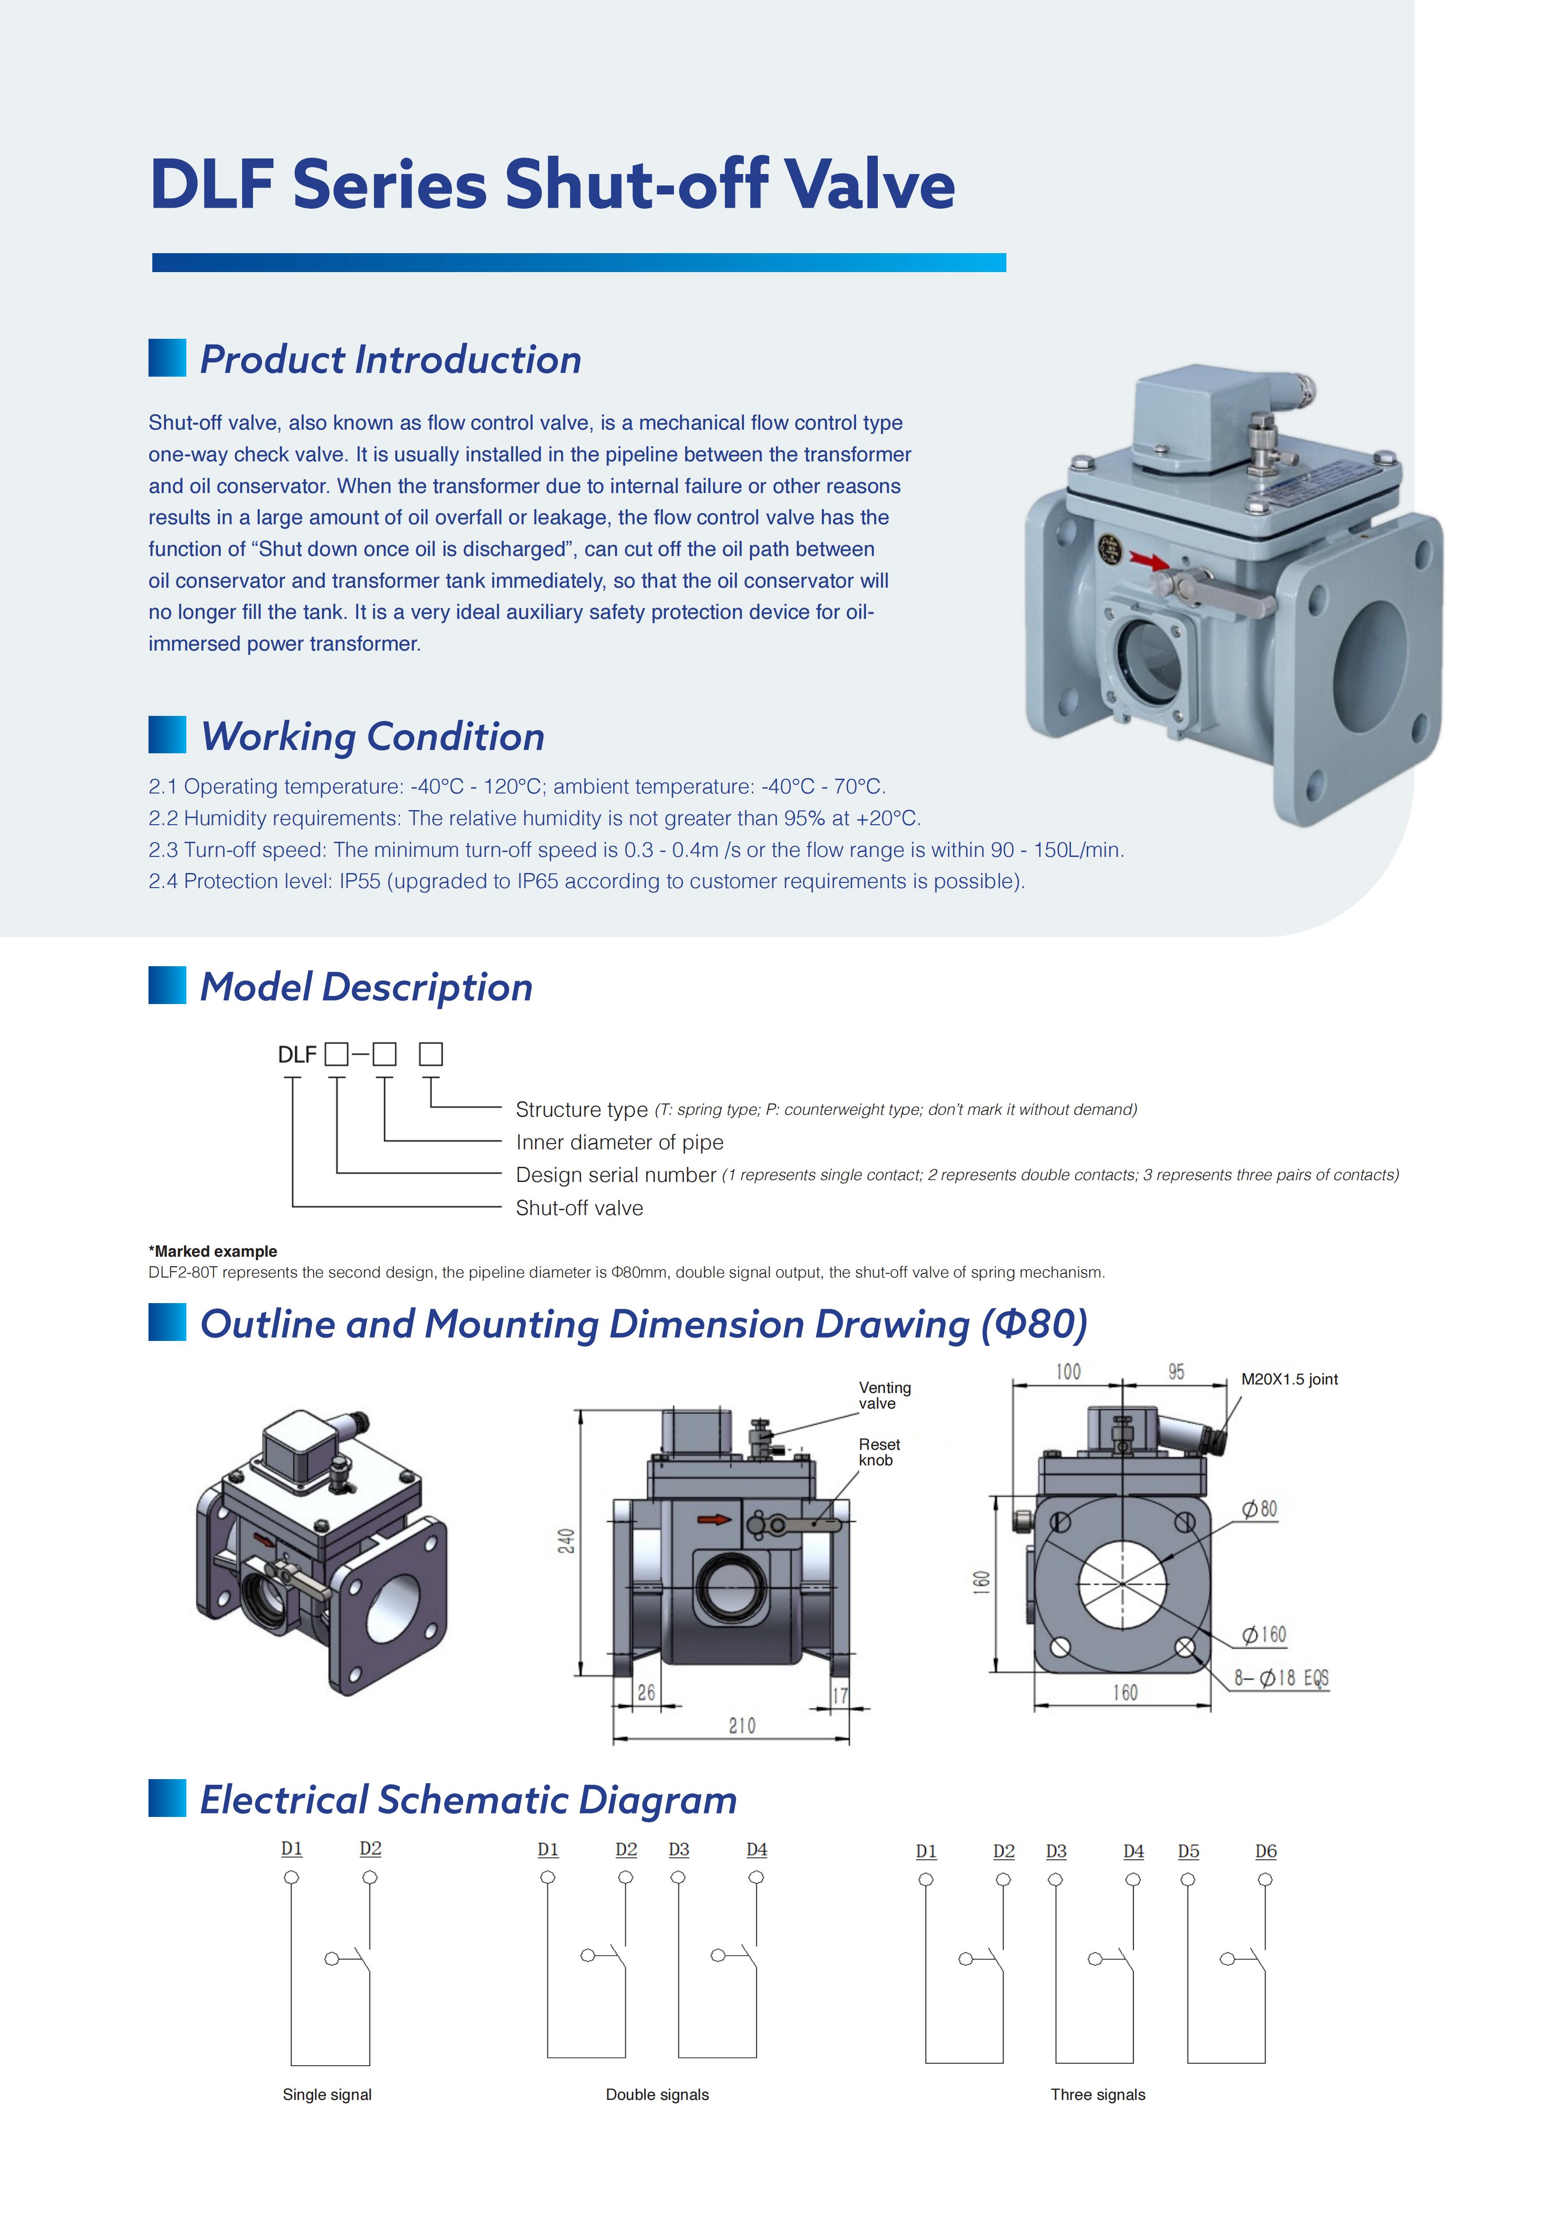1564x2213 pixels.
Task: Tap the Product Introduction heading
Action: pyautogui.click(x=390, y=360)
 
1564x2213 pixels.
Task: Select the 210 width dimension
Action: pyautogui.click(x=742, y=1725)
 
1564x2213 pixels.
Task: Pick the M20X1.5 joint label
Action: pyautogui.click(x=1289, y=1379)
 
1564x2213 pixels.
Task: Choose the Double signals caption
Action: pyautogui.click(x=657, y=2094)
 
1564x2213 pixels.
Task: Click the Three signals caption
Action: pyautogui.click(x=1098, y=2094)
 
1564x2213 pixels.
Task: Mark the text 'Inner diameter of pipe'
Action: pyautogui.click(x=620, y=1142)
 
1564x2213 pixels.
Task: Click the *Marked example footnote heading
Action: pyautogui.click(x=213, y=1251)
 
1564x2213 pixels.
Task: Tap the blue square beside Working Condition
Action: pyautogui.click(x=167, y=734)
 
